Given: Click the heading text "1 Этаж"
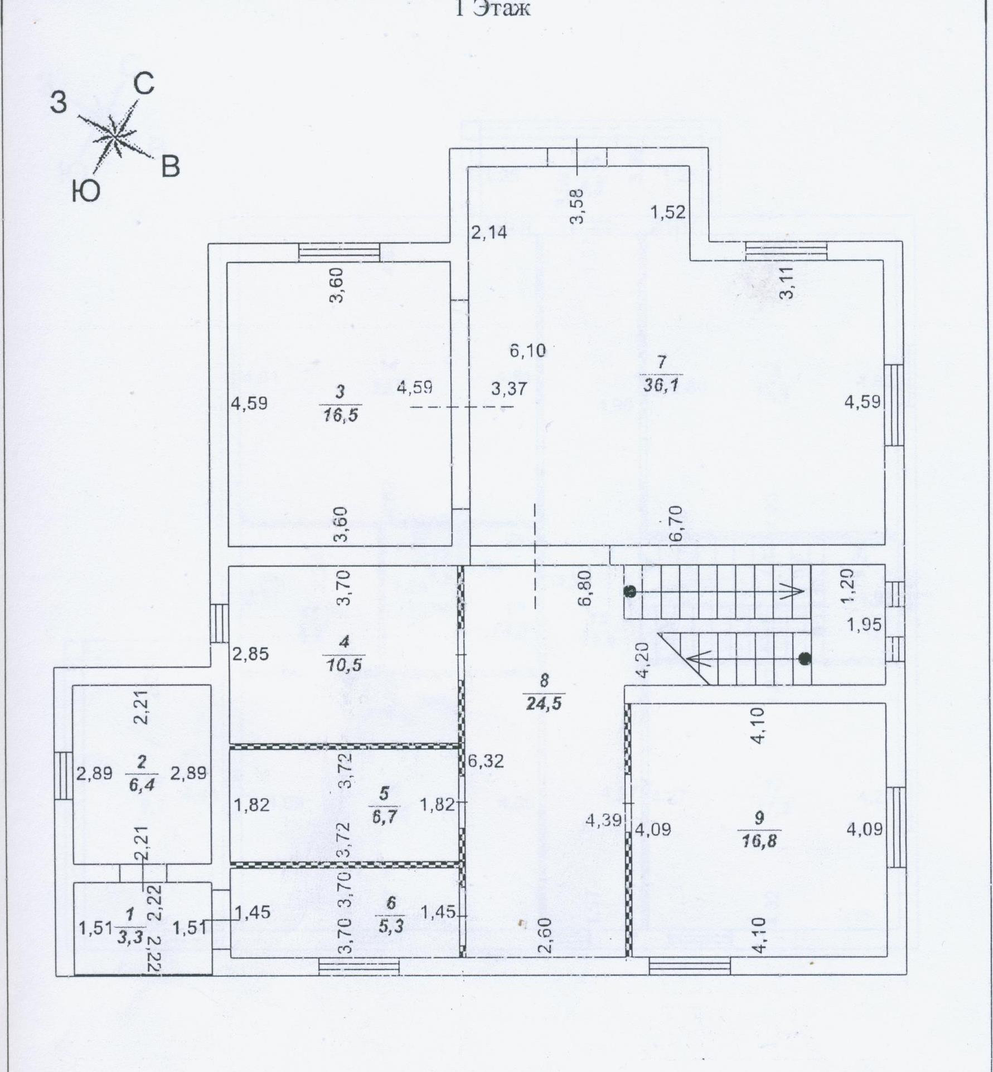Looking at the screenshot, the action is (x=493, y=8).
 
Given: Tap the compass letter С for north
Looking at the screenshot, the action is (x=144, y=85).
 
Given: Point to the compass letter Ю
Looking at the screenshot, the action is (x=85, y=192).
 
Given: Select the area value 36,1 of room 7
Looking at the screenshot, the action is (x=661, y=385).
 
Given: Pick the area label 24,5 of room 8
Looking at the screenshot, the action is (x=544, y=703).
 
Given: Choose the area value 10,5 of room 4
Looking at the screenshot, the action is (x=344, y=665).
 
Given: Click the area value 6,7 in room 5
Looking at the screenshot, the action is (x=384, y=816).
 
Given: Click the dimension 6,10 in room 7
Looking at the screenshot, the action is (x=527, y=350).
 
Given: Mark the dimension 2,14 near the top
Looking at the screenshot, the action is (x=489, y=232).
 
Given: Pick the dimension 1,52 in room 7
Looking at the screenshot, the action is (x=668, y=212).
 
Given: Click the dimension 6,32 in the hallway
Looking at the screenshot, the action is (x=486, y=761).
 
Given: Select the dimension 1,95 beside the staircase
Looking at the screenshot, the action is (x=864, y=625).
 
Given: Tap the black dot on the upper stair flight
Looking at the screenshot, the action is (x=631, y=592).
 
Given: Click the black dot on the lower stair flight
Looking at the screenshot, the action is (x=805, y=659).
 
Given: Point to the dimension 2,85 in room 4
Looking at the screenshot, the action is (x=250, y=654).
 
